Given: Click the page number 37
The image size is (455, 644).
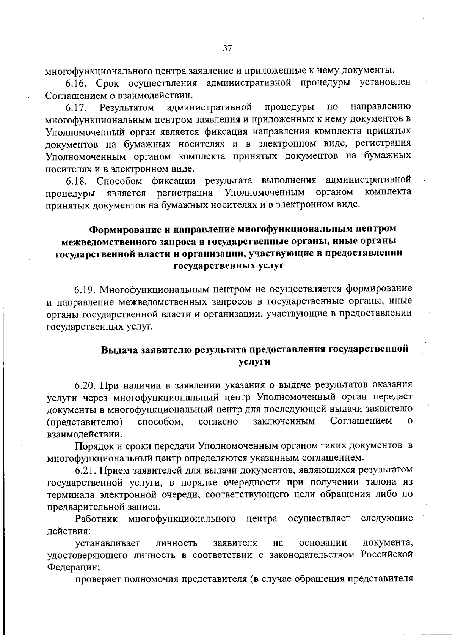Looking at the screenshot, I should (227, 48).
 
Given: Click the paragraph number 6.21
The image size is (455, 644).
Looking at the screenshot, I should (86, 470).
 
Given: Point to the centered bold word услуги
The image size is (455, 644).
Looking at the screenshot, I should (254, 362).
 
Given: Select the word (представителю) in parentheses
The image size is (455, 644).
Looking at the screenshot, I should (85, 421).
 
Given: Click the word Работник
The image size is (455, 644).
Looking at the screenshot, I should (97, 519).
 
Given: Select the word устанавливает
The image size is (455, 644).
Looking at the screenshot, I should (108, 543).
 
